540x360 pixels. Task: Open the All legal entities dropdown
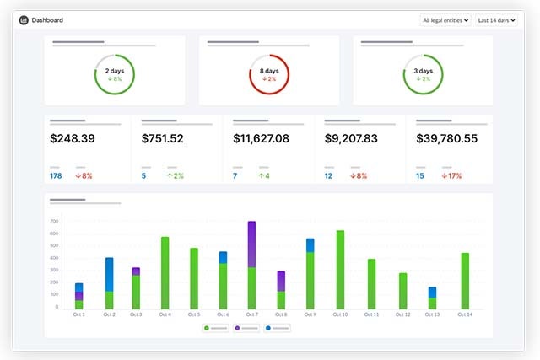click(x=445, y=19)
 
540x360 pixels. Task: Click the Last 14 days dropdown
click(x=496, y=19)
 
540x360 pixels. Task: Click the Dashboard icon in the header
click(x=24, y=19)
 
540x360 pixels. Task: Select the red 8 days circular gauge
click(x=269, y=74)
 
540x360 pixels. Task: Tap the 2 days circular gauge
click(x=115, y=74)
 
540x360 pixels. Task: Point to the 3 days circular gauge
click(x=424, y=74)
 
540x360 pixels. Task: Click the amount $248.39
click(x=73, y=138)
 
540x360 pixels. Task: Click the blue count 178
click(x=56, y=176)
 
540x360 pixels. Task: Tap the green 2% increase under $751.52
click(x=175, y=176)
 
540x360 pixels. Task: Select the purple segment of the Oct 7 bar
click(x=251, y=244)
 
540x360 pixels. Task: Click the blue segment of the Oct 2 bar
click(x=109, y=274)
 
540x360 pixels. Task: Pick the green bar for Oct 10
click(x=340, y=270)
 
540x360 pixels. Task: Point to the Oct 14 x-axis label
click(x=464, y=314)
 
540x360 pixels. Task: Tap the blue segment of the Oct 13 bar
click(x=432, y=292)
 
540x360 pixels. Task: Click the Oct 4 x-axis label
click(x=165, y=314)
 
